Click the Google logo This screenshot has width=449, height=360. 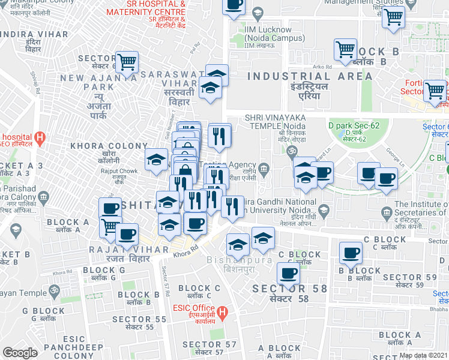[x=20, y=353]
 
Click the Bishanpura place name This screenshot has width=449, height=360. [x=232, y=265]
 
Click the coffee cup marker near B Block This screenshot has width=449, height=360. [x=350, y=252]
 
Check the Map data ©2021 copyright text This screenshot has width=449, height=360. [x=423, y=355]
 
